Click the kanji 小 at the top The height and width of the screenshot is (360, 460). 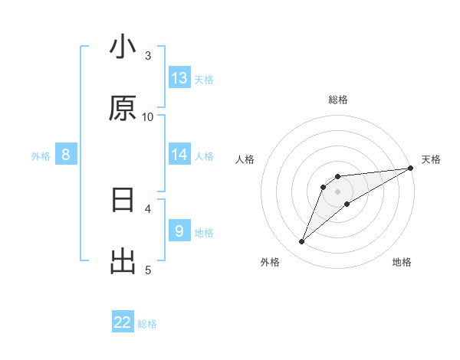click(123, 47)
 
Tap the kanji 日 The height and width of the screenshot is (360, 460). click(123, 201)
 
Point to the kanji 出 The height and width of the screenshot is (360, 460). click(123, 261)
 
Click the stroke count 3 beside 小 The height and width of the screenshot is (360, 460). click(148, 55)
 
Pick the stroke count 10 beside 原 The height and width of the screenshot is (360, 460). click(148, 116)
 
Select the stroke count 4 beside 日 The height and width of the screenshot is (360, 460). click(148, 208)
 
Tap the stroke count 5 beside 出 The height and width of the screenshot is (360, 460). click(148, 269)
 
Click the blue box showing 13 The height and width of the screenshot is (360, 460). click(179, 78)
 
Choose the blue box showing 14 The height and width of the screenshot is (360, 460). click(179, 155)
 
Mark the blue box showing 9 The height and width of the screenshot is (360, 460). click(179, 231)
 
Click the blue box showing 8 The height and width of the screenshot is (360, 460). click(66, 155)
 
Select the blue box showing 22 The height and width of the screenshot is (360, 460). click(123, 322)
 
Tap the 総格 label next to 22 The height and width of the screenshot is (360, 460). click(147, 324)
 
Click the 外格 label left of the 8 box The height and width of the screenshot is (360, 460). click(41, 155)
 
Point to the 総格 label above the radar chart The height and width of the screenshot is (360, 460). click(337, 100)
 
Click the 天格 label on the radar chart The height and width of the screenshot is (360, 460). click(431, 159)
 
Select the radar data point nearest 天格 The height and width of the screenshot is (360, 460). click(410, 169)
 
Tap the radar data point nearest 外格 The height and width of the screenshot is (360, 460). click(302, 242)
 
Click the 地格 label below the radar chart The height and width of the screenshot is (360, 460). click(402, 262)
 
